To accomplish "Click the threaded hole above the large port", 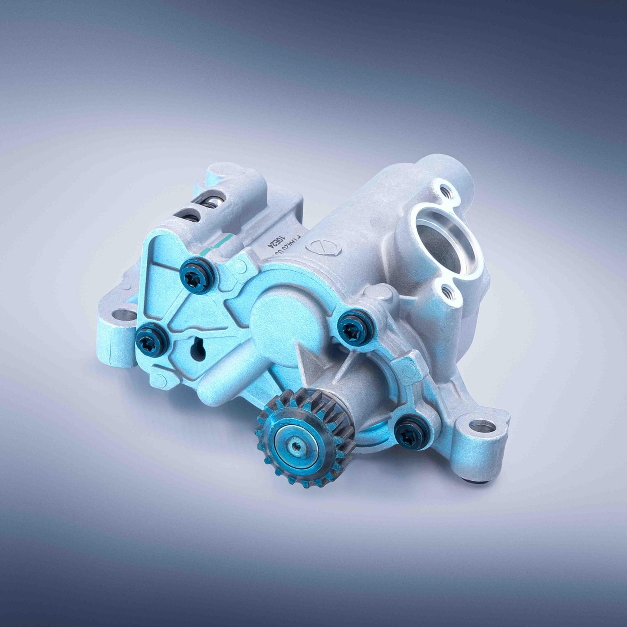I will (x=443, y=190).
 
